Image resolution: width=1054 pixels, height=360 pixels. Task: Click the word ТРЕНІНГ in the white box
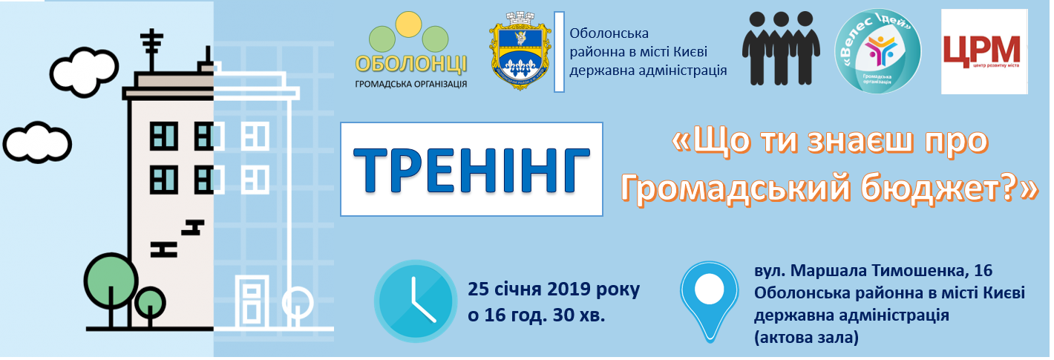(x=471, y=170)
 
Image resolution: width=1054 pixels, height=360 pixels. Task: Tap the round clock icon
(x=416, y=301)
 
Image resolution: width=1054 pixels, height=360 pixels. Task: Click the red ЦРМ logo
(x=984, y=52)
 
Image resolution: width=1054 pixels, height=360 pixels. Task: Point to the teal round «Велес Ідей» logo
(x=877, y=51)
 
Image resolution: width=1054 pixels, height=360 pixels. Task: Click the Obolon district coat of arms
(x=520, y=50)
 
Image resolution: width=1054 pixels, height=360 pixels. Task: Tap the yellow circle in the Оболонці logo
(x=408, y=24)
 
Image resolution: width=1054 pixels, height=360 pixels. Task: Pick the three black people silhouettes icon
(x=781, y=48)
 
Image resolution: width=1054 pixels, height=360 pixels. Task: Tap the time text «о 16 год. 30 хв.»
(x=536, y=315)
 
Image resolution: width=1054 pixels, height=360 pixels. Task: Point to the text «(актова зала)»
(x=807, y=338)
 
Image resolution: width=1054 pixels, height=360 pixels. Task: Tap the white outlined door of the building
(x=252, y=301)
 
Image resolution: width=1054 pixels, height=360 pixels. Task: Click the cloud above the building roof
(x=85, y=72)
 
